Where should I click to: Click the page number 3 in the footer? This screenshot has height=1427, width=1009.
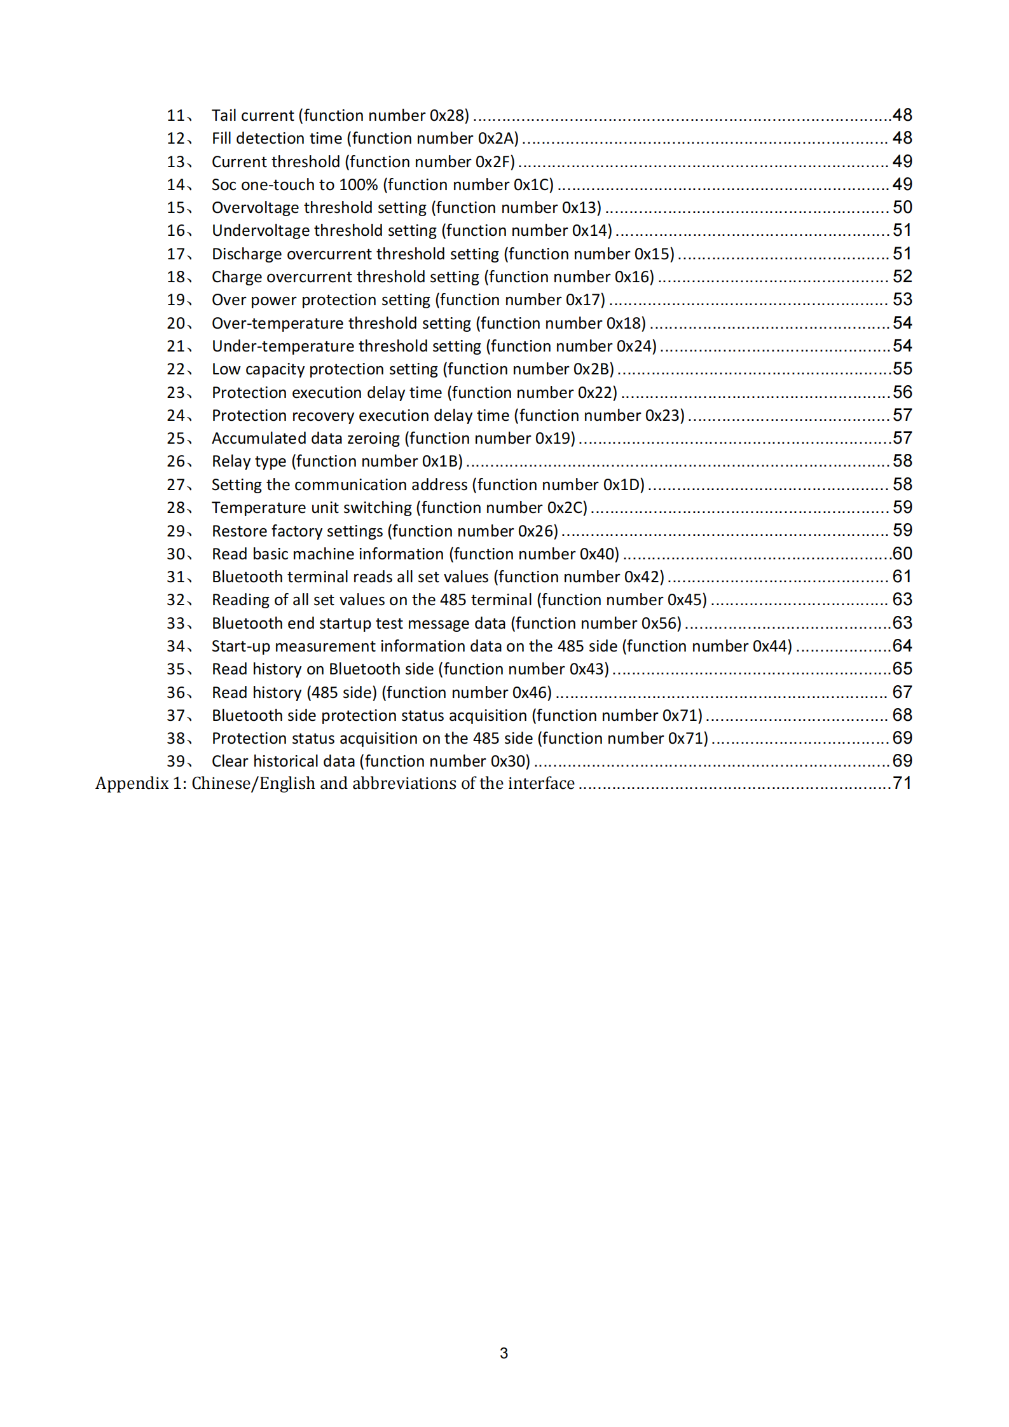tap(504, 1353)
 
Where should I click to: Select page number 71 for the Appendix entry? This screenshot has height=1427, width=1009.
tap(902, 783)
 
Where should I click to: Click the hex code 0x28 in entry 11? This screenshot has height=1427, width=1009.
tap(448, 115)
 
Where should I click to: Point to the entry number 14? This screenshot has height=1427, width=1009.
tap(176, 184)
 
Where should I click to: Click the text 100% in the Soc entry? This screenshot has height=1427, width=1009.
tap(358, 184)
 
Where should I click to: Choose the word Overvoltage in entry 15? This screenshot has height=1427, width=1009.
tap(255, 207)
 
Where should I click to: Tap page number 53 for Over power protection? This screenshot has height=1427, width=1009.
tap(902, 299)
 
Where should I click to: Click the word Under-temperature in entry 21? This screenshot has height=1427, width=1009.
tap(283, 346)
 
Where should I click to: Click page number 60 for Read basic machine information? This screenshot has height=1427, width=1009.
tap(902, 554)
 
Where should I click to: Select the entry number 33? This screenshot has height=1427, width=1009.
tap(176, 623)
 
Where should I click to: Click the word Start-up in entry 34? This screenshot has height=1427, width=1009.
tap(240, 646)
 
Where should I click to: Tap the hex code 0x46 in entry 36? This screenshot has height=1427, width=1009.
tap(530, 692)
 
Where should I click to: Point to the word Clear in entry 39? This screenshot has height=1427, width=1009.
tap(229, 761)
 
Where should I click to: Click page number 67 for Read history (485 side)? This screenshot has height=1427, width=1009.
tap(902, 692)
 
